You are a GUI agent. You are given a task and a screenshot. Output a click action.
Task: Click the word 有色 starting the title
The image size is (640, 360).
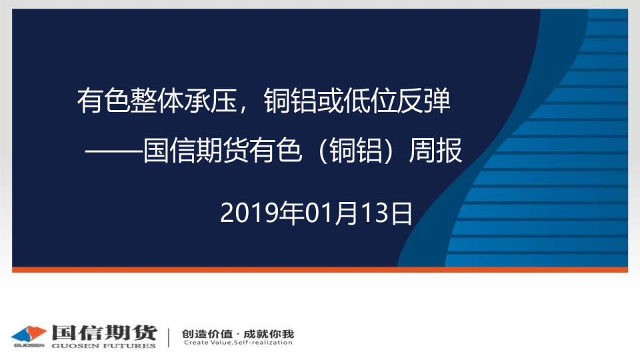click(103, 101)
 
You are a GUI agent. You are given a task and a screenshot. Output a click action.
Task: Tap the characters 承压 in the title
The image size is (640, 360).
click(211, 101)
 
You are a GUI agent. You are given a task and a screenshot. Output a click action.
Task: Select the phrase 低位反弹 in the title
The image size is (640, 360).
click(397, 101)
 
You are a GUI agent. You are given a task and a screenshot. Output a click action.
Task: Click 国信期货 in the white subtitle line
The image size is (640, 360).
click(196, 151)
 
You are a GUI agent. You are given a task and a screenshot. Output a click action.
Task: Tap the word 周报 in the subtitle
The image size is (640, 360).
click(436, 151)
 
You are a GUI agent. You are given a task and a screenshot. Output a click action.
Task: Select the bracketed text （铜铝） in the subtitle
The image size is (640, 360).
click(355, 151)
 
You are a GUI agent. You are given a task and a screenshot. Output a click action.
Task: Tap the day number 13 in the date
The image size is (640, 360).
click(376, 213)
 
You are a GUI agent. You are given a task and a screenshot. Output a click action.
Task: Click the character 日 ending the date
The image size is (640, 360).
click(402, 213)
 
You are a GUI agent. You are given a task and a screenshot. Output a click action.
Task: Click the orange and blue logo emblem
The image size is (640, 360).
click(29, 335)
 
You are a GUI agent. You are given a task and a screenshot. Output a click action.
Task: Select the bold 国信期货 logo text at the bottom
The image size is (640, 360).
click(105, 333)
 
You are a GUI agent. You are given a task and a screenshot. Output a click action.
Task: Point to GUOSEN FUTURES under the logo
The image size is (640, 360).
click(104, 346)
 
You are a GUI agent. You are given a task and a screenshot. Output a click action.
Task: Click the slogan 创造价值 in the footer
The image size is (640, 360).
click(207, 334)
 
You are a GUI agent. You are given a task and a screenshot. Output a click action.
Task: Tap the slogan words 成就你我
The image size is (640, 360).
click(269, 334)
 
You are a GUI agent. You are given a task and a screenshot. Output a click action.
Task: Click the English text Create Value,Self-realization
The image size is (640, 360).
click(238, 343)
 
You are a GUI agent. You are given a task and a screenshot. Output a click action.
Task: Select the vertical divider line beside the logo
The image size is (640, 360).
click(169, 337)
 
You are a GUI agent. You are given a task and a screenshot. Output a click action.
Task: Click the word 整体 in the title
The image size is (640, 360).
click(157, 101)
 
